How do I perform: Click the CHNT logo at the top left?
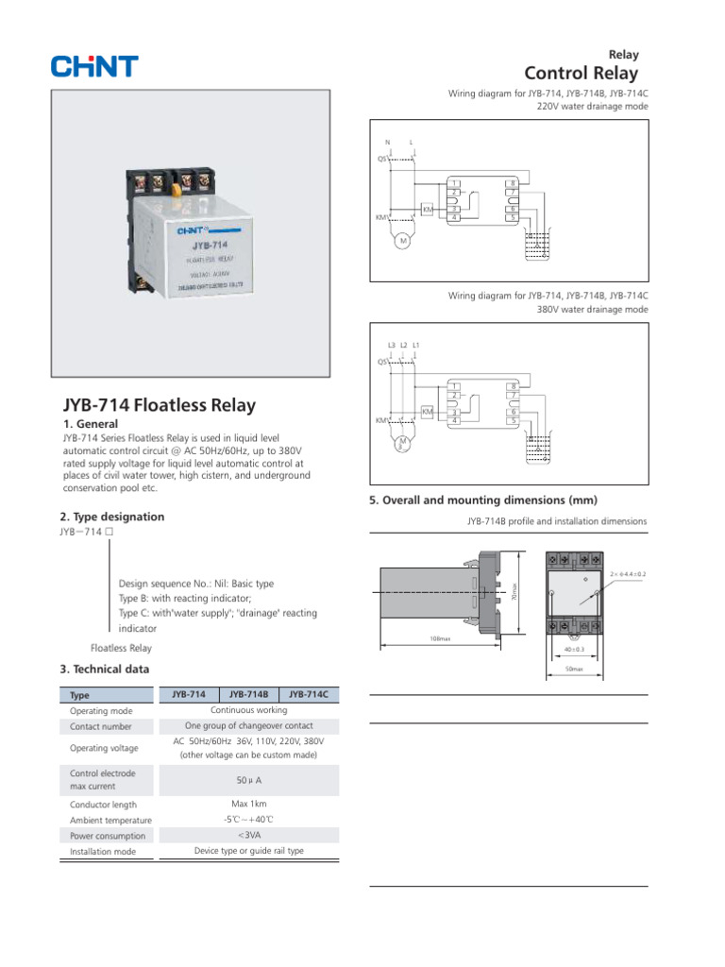point(94,66)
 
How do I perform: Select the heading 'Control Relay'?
point(581,73)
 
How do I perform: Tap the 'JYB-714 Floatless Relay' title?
point(159,405)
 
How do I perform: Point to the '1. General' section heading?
point(90,425)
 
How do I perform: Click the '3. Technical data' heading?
point(104,670)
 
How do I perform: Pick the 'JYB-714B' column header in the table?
point(249,694)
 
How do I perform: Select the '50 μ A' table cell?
point(249,781)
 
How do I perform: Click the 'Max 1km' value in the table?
point(249,804)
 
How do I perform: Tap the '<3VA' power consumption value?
point(249,835)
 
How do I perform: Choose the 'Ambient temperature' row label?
point(110,821)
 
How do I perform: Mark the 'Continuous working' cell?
point(249,710)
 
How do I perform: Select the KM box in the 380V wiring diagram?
point(427,413)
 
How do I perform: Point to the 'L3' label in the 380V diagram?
point(392,345)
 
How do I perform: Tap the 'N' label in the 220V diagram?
point(387,143)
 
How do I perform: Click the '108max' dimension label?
point(440,639)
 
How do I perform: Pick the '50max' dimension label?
point(574,669)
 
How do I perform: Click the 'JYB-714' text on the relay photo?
point(189,245)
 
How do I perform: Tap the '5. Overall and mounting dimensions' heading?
point(483,500)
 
